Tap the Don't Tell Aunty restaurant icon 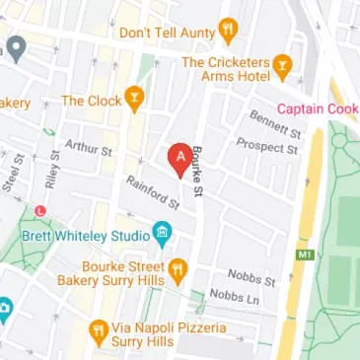pos(229,32)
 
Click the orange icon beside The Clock pos(132,100)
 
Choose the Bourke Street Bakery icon pos(178,268)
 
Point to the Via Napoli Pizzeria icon pos(99,328)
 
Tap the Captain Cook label pos(318,108)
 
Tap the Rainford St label pos(152,193)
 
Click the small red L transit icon pos(39,210)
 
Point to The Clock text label pos(91,100)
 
